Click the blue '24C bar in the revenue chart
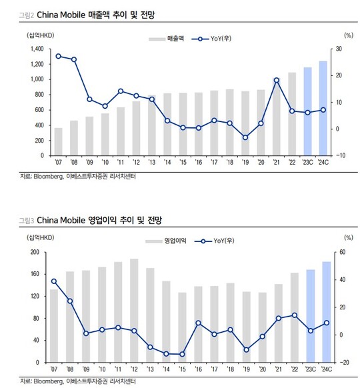(323, 108)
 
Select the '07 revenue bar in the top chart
(58, 141)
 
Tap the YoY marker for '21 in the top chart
(277, 80)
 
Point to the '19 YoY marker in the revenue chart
(245, 137)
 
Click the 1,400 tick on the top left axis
(37, 49)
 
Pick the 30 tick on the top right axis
(339, 49)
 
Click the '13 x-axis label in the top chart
(152, 162)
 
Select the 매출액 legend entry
(166, 39)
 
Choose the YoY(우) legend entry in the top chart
(211, 39)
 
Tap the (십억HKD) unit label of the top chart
(40, 35)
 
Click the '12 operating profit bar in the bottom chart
(134, 311)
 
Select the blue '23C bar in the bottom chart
(311, 316)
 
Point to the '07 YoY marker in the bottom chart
(54, 281)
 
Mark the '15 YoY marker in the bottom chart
(182, 354)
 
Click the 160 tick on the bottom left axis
(35, 274)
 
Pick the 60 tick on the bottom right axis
(343, 252)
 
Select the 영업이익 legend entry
(166, 241)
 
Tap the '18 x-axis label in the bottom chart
(230, 369)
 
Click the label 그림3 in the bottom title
(27, 221)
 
